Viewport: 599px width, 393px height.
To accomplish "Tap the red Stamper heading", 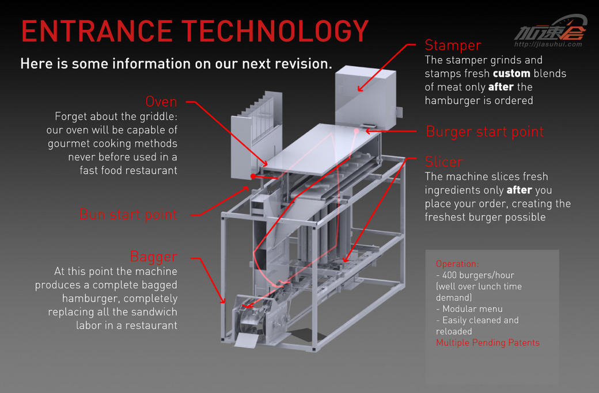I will coord(453,45).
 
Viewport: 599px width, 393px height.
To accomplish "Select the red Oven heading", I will coord(161,102).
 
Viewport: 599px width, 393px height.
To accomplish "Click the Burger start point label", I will coord(484,132).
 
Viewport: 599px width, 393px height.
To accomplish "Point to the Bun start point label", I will coord(128,215).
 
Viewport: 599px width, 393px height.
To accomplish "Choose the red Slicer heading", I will coord(443,162).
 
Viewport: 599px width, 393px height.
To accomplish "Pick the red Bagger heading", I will coord(154,256).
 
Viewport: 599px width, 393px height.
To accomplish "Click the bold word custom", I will coord(511,74).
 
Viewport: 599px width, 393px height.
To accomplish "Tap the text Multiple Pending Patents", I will coord(488,342).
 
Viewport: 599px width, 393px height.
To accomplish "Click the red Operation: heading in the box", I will coord(457,264).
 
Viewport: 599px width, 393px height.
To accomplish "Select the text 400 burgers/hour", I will coord(478,275).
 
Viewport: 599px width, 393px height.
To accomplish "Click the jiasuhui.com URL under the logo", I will coord(547,44).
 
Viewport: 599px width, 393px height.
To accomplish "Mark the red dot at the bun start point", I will coord(253,176).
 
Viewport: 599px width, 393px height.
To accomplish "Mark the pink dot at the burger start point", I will coord(357,131).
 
